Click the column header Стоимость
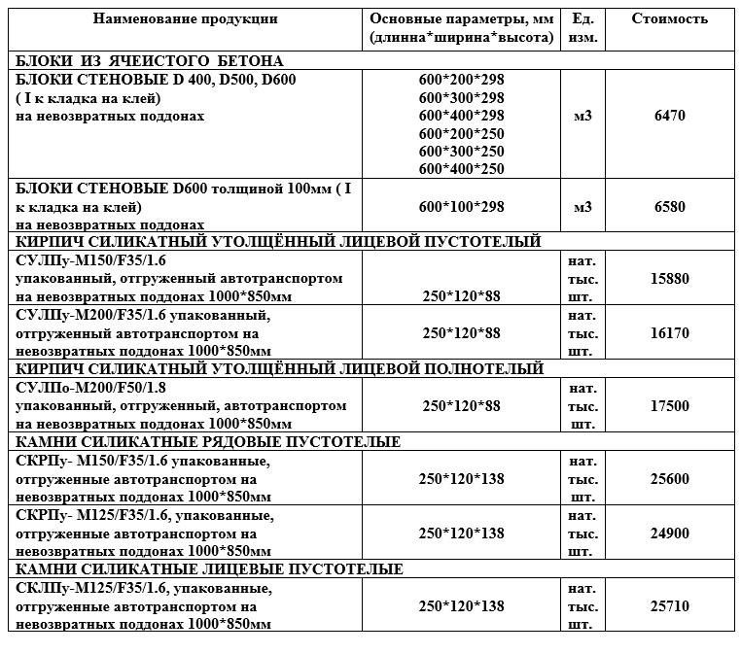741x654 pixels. coord(670,19)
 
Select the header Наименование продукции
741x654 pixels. coord(186,19)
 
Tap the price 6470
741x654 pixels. coord(670,116)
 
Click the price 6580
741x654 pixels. coord(670,207)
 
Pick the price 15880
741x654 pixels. coord(670,278)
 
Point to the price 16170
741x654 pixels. coord(670,332)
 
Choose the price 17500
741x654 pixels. coord(670,406)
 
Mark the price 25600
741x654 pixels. coord(670,479)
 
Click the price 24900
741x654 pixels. coord(670,534)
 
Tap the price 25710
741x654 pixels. coord(670,606)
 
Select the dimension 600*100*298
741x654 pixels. coord(462,207)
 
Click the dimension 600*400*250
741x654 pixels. coord(462,169)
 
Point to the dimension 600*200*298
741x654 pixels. coord(462,80)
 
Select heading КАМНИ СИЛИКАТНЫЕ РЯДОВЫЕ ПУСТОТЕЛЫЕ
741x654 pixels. coord(209,443)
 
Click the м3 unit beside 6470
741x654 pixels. coord(583,116)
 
